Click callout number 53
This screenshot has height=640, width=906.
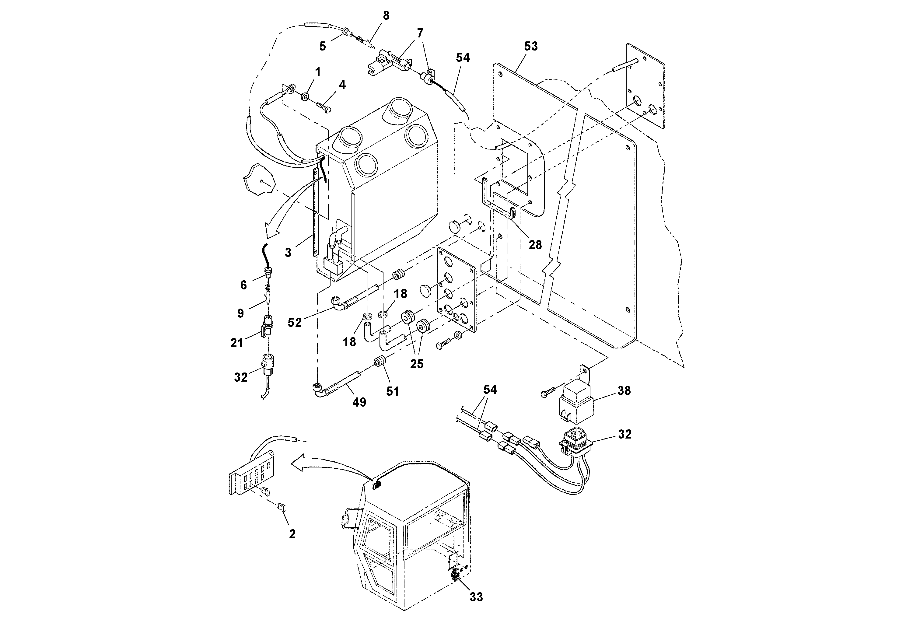[x=531, y=47]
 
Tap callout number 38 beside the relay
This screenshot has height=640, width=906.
[x=624, y=391]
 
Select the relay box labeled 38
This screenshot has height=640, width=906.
[x=577, y=402]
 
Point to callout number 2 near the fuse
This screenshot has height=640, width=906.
[x=292, y=534]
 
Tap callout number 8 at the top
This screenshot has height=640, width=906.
[x=386, y=16]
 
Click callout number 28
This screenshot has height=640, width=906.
[x=535, y=245]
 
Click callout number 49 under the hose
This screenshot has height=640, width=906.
[x=359, y=402]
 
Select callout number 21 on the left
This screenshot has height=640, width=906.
[x=237, y=343]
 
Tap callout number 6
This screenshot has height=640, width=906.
[x=243, y=285]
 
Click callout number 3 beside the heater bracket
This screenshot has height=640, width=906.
[x=288, y=253]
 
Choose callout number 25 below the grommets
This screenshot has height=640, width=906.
[x=417, y=364]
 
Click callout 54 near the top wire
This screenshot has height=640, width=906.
[x=463, y=58]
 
